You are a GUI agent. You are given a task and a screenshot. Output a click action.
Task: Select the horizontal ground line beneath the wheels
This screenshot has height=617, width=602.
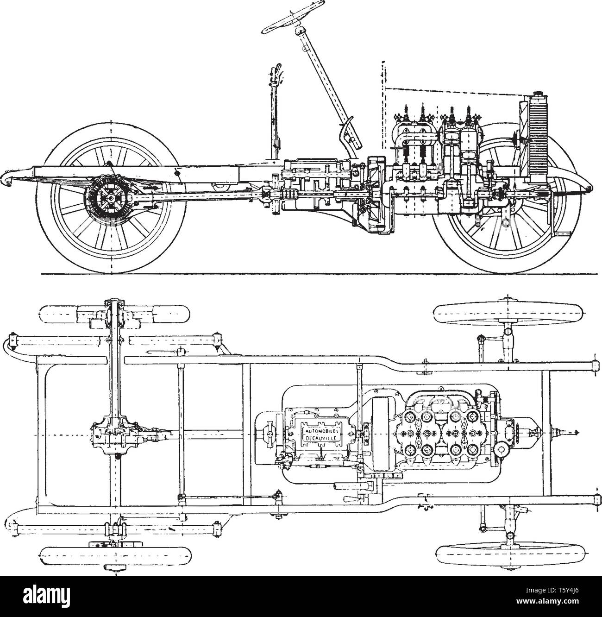click(301, 274)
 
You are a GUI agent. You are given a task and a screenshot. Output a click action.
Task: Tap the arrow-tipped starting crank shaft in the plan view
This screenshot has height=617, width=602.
click(565, 432)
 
